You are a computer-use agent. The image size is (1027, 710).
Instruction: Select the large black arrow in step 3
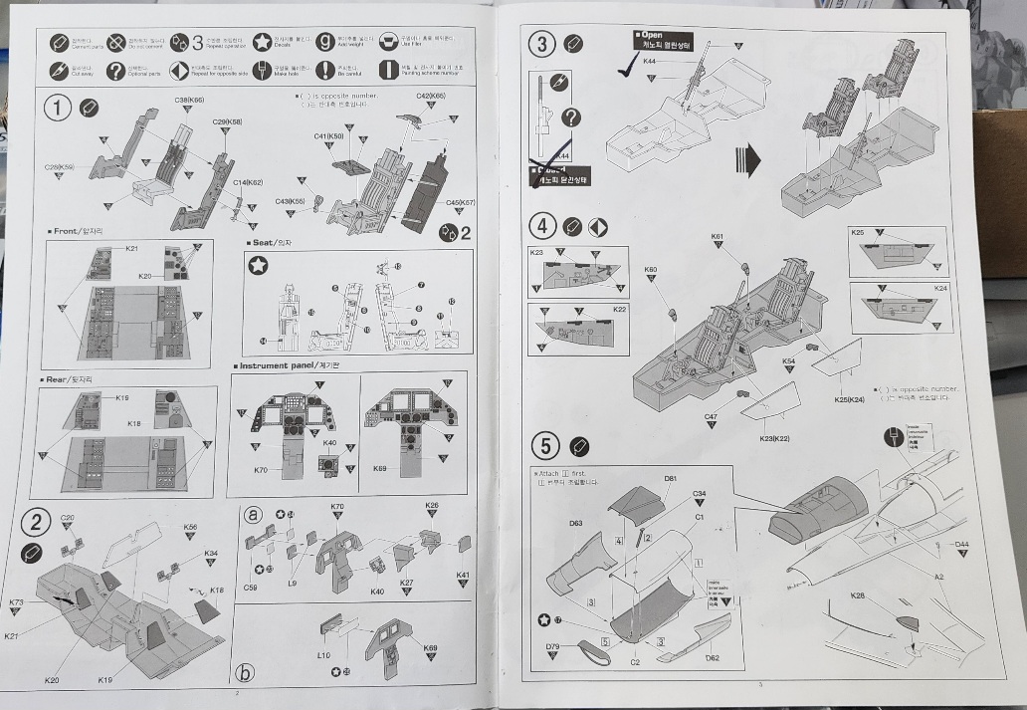point(746,159)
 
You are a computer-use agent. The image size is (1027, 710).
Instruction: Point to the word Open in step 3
point(654,36)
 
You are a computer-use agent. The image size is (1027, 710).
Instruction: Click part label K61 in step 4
point(718,237)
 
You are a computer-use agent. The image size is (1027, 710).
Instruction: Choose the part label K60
point(651,269)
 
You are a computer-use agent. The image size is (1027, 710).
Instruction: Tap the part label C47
point(712,416)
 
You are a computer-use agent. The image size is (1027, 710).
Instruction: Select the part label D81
point(670,479)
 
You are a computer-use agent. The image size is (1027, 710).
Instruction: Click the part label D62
point(713,658)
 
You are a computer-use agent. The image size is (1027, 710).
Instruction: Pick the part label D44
point(961,544)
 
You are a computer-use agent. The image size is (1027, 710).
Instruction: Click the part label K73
point(16,602)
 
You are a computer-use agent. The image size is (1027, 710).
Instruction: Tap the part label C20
point(67,518)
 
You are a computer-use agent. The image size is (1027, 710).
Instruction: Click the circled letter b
point(245,672)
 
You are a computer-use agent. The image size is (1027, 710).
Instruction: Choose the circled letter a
point(254,514)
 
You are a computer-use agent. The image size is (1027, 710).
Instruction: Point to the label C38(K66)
point(189,101)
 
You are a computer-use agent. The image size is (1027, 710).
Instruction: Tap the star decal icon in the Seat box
point(258,265)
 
